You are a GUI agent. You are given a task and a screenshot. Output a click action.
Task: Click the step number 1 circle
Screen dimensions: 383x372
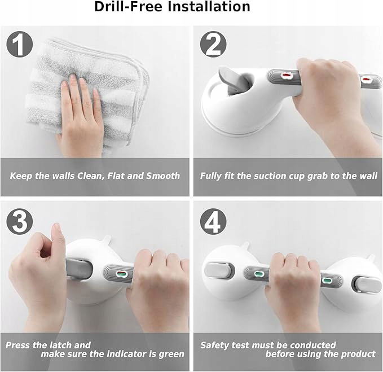click(20, 44)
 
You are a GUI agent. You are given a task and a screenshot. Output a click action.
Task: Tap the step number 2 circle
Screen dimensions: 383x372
click(213, 44)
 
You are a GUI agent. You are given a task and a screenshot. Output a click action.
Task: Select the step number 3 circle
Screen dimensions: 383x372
click(20, 221)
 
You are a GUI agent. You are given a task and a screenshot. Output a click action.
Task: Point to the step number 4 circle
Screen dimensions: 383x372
click(213, 221)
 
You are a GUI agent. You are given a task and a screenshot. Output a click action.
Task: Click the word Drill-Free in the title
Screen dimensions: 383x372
click(128, 7)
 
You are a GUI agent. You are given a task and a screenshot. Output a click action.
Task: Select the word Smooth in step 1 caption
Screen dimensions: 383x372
click(163, 176)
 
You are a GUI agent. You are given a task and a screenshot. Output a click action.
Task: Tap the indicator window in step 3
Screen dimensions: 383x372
click(120, 274)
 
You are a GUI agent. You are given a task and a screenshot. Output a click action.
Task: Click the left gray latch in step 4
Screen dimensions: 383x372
click(217, 270)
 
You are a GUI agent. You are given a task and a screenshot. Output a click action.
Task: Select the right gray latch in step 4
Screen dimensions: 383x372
click(368, 285)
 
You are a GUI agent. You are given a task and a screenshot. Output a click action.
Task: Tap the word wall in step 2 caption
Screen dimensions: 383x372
click(368, 176)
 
